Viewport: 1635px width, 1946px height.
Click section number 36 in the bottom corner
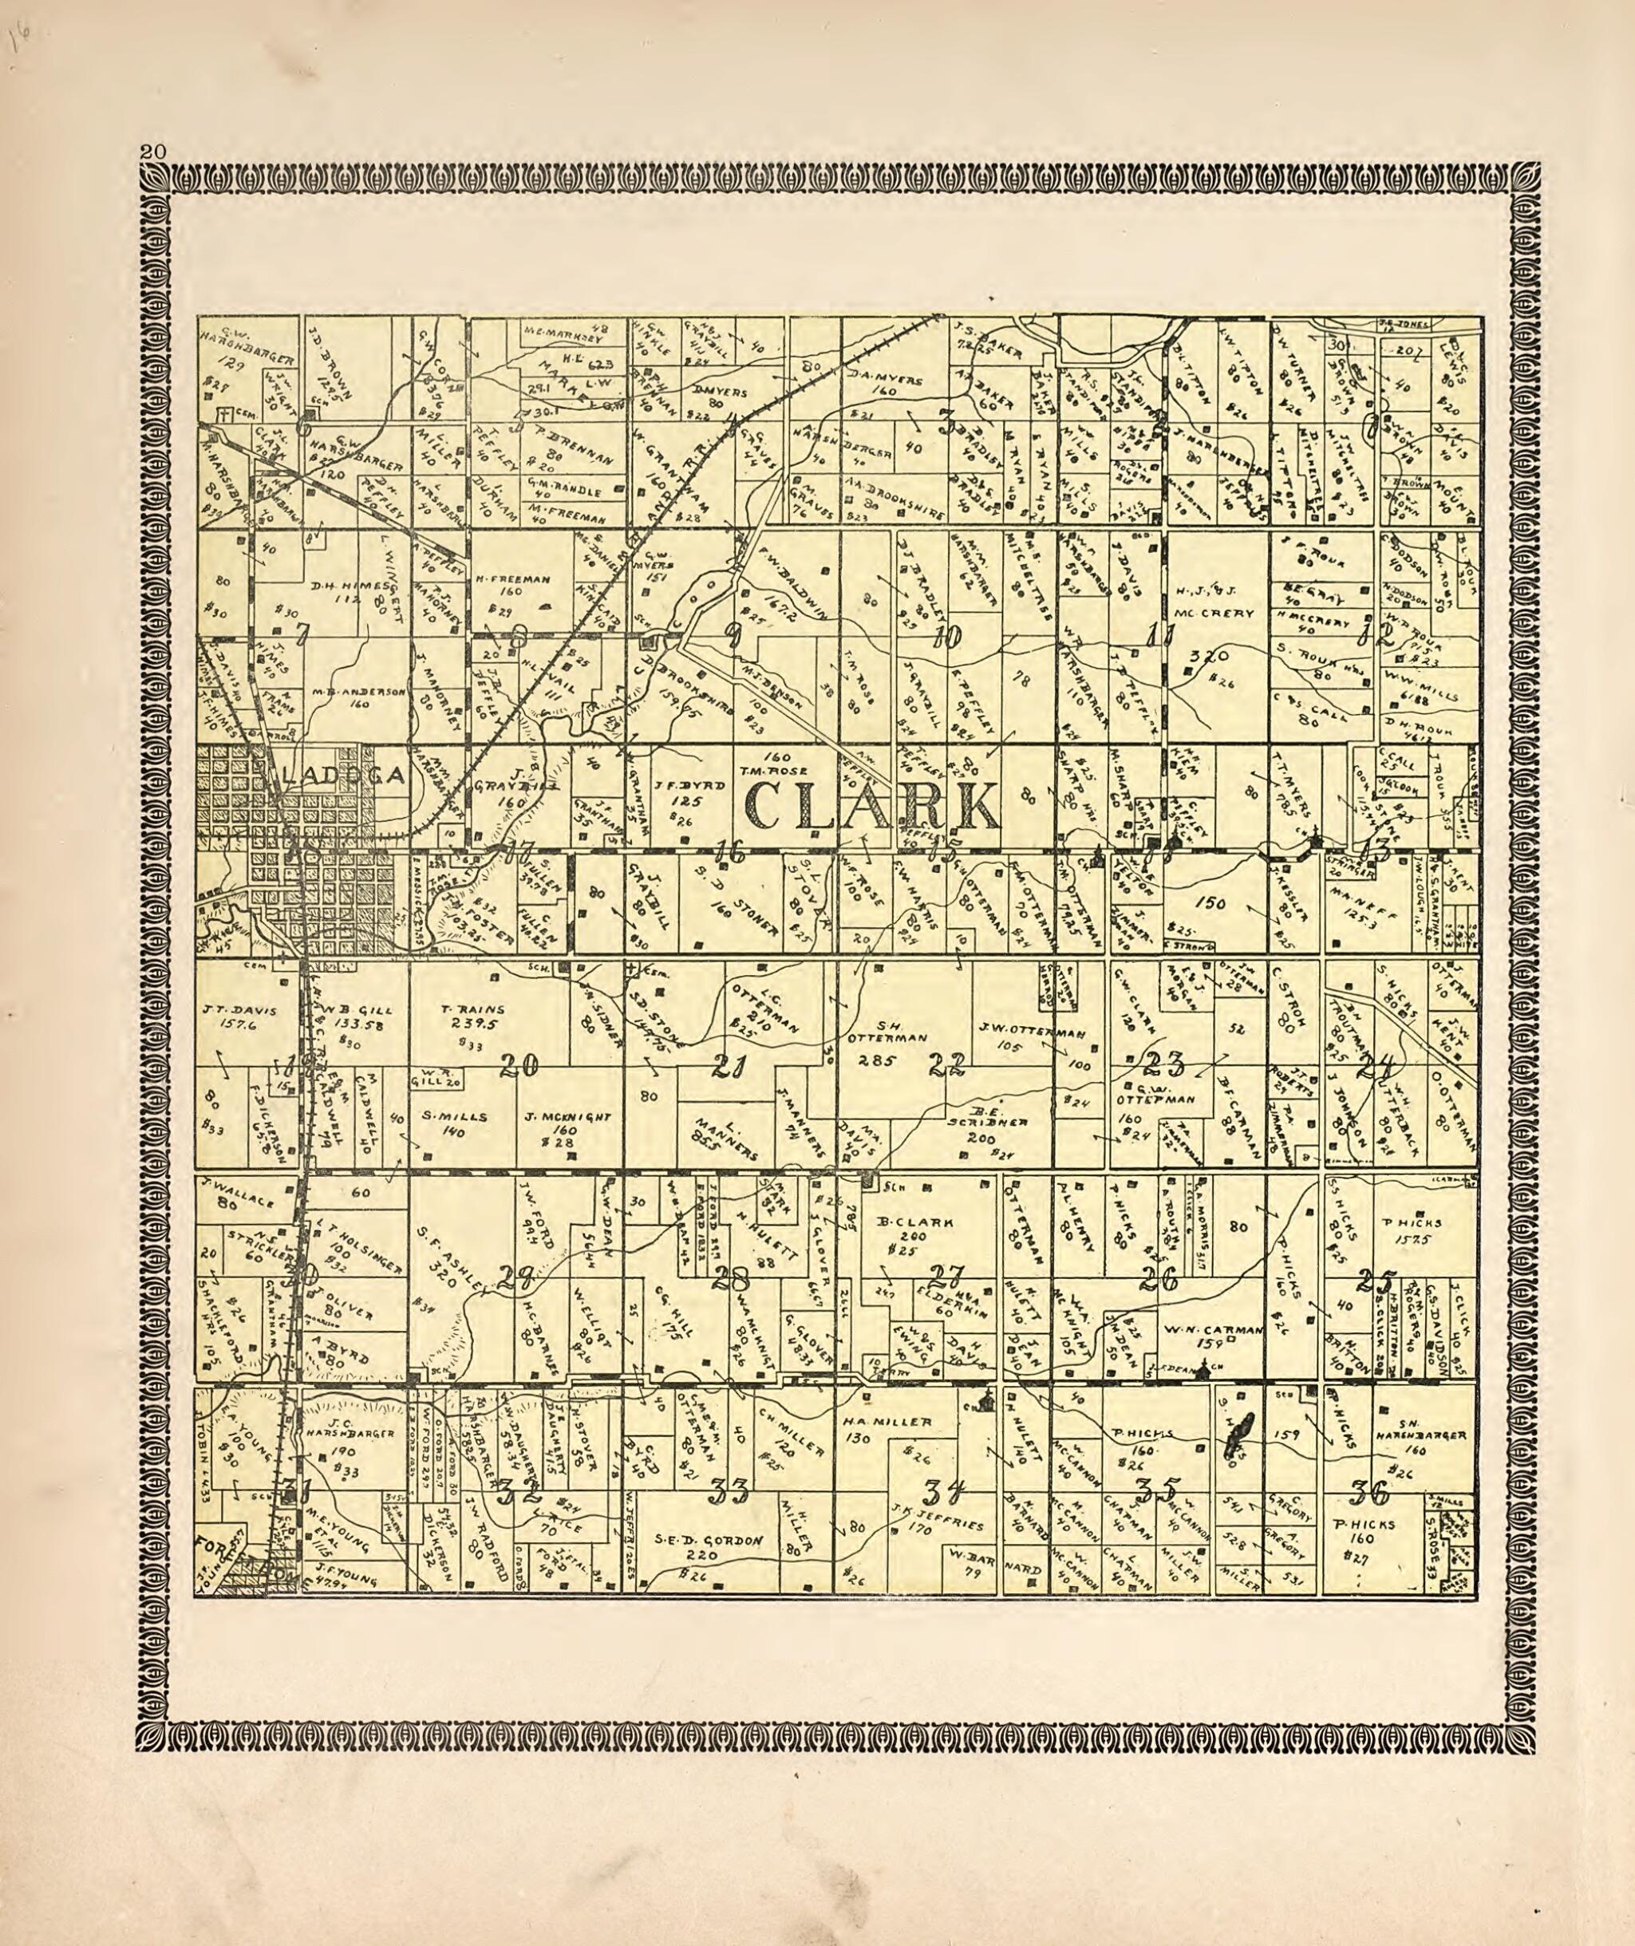(x=1369, y=1493)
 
